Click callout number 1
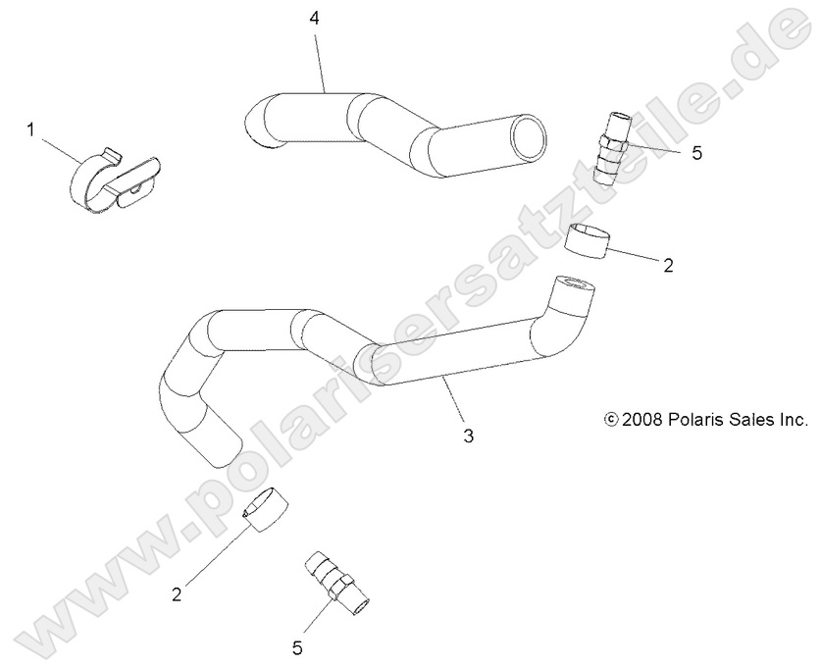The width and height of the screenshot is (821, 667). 30,129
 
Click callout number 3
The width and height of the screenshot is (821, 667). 468,436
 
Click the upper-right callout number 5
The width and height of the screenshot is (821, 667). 697,154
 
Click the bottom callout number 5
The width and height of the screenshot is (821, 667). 297,646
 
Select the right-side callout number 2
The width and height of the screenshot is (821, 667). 668,265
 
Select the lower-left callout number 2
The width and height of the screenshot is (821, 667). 177,592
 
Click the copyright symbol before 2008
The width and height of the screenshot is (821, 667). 611,420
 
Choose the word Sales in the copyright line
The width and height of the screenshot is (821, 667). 757,420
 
